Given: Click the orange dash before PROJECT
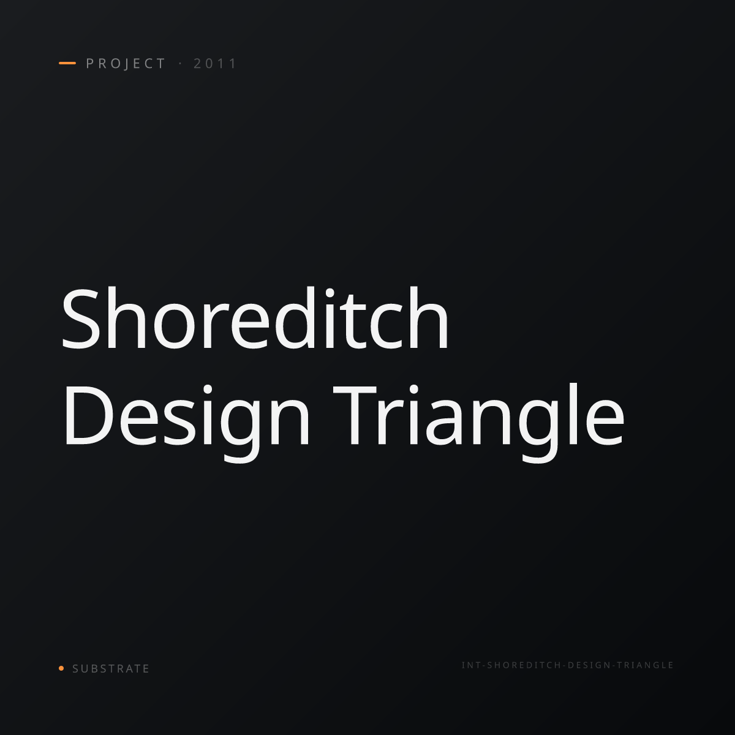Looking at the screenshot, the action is [x=67, y=63].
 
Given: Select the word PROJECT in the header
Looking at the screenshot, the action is [x=126, y=64].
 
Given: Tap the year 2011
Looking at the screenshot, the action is [x=215, y=64].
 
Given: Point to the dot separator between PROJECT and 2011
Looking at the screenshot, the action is [x=180, y=64].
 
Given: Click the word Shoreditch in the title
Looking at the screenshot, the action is [x=255, y=318].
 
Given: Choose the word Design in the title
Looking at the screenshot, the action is [x=187, y=423].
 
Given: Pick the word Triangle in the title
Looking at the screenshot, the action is [x=479, y=423].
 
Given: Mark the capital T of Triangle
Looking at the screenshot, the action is [x=355, y=415].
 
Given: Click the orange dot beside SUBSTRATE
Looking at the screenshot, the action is [x=61, y=668].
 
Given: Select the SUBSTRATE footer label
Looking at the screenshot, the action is [x=111, y=669].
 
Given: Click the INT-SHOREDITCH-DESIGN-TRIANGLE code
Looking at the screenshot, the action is [x=568, y=665].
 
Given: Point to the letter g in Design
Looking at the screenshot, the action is [x=241, y=431].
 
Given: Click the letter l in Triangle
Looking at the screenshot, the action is [x=573, y=414].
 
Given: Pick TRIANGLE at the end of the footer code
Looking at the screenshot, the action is [x=645, y=665].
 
